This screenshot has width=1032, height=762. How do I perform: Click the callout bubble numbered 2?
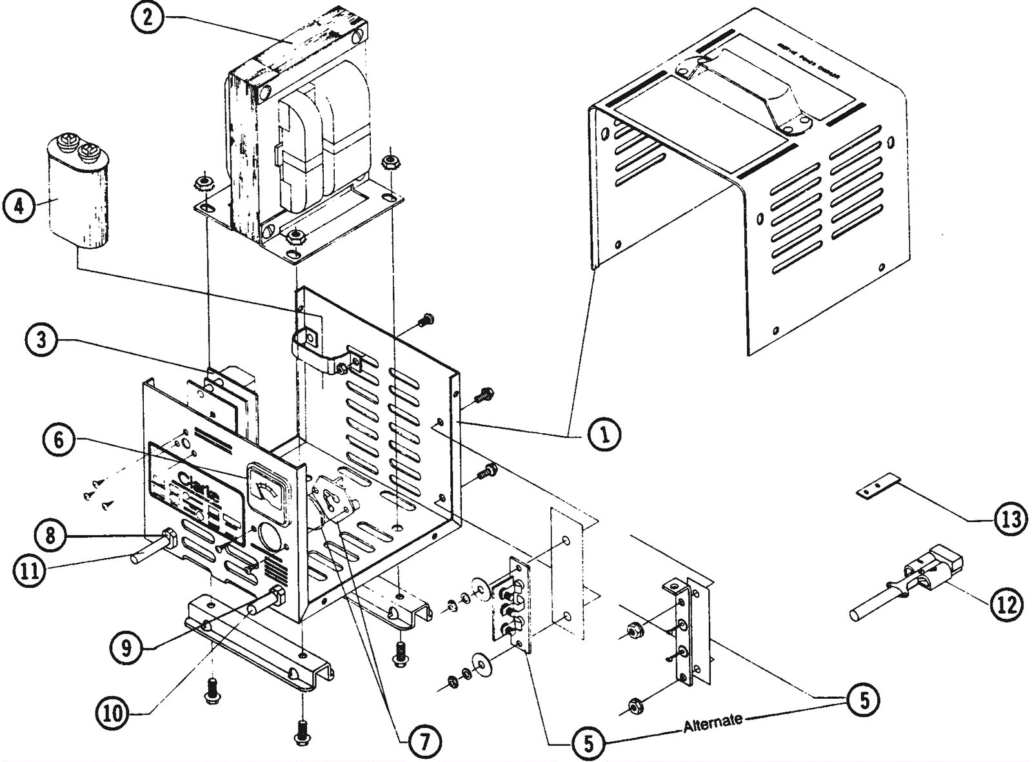pos(148,17)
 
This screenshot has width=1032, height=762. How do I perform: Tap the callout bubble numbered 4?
pos(19,206)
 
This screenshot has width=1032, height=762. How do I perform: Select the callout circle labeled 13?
pos(1010,518)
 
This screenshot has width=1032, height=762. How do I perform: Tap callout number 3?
pos(42,339)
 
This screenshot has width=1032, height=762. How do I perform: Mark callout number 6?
pos(59,440)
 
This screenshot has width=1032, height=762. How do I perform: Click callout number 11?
pos(29,571)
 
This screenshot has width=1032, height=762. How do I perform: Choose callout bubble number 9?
pos(126,647)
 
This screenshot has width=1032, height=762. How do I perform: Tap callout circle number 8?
pos(50,534)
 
